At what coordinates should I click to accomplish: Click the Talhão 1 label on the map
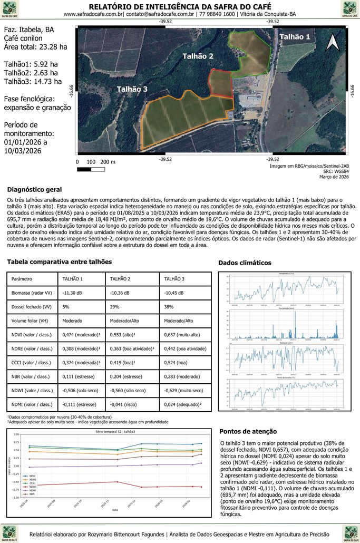pyautogui.click(x=294, y=37)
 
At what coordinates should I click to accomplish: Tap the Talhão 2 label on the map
pyautogui.click(x=198, y=56)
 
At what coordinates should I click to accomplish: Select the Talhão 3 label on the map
pyautogui.click(x=132, y=89)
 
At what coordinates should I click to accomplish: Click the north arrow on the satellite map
pyautogui.click(x=332, y=42)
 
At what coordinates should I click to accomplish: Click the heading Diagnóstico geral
pyautogui.click(x=34, y=190)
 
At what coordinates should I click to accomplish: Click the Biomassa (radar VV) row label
pyautogui.click(x=32, y=293)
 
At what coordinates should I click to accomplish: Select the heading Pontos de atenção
pyautogui.click(x=247, y=431)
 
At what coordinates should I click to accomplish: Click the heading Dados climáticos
pyautogui.click(x=245, y=263)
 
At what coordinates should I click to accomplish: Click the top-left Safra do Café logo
pyautogui.click(x=10, y=9)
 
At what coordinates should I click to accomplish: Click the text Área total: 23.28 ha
pyautogui.click(x=35, y=47)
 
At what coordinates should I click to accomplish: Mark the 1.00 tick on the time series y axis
pyautogui.click(x=16, y=434)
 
